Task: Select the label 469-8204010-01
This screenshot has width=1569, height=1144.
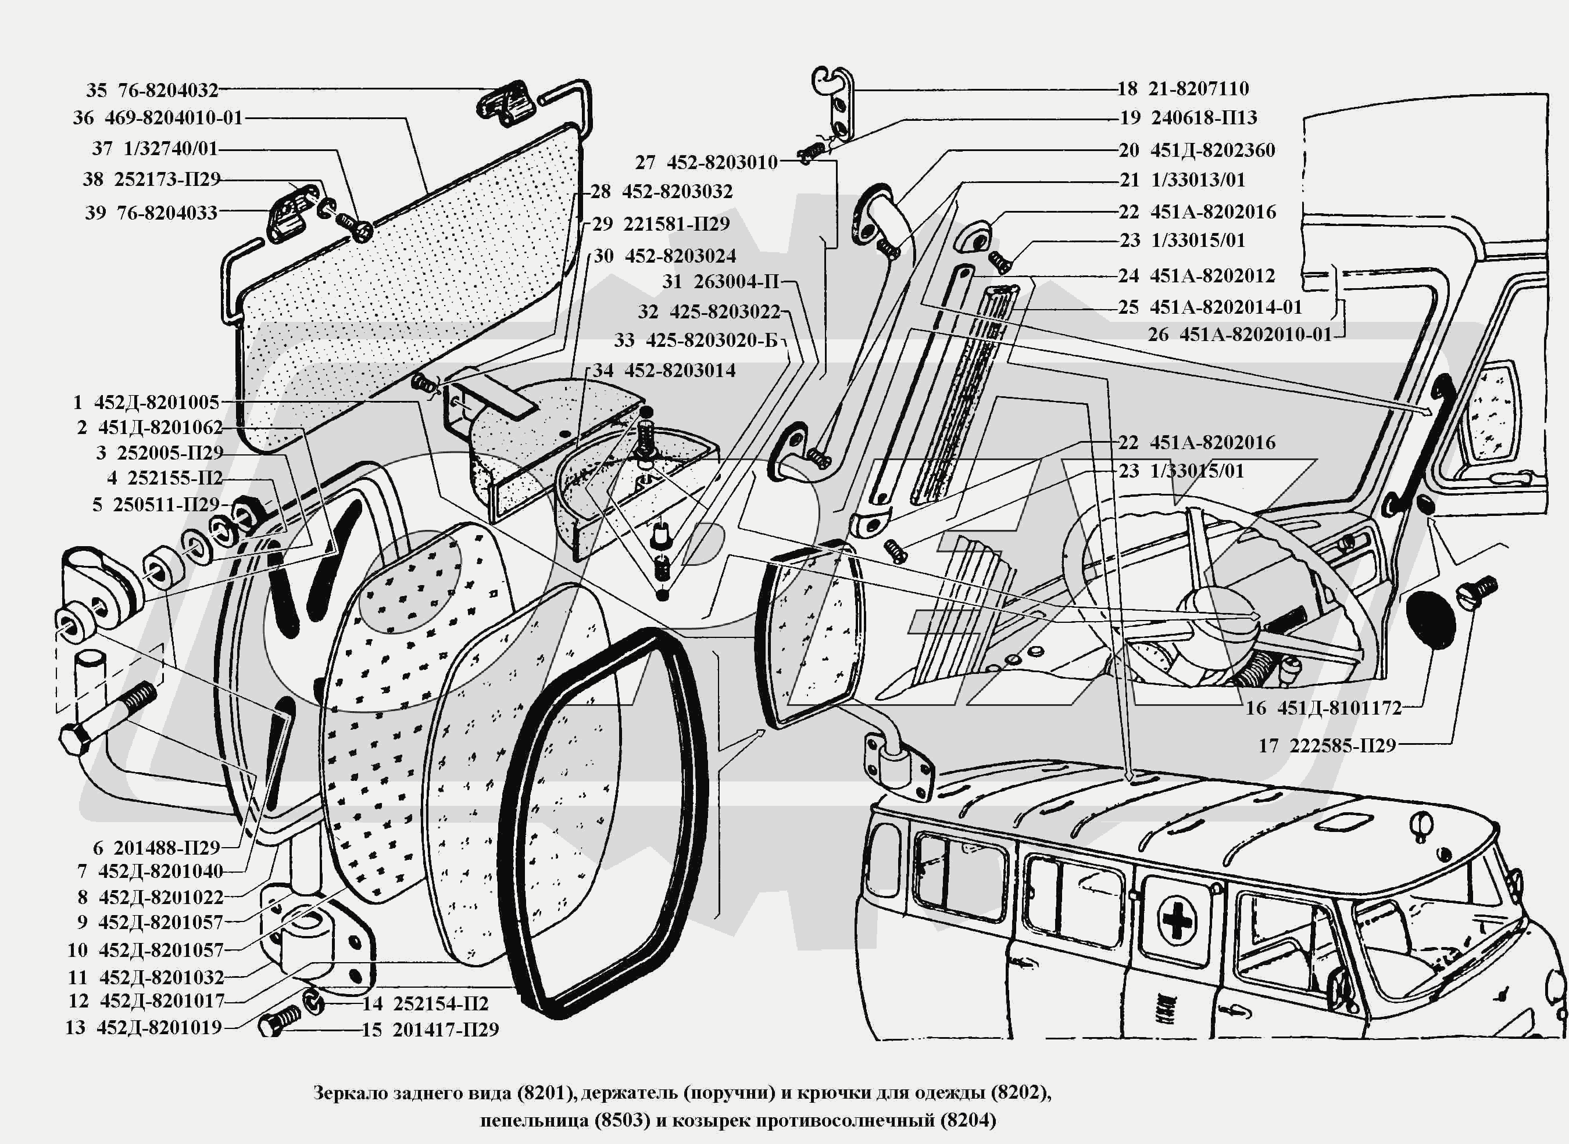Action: (174, 118)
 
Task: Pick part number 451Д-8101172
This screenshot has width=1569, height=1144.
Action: (1340, 708)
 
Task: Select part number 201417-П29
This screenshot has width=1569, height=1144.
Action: (445, 1030)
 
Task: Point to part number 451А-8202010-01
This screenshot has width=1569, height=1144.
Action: (1255, 335)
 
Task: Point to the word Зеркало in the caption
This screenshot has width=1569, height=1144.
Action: (349, 1093)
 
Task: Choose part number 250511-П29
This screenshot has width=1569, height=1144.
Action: (166, 504)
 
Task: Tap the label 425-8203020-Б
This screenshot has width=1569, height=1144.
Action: (712, 340)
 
